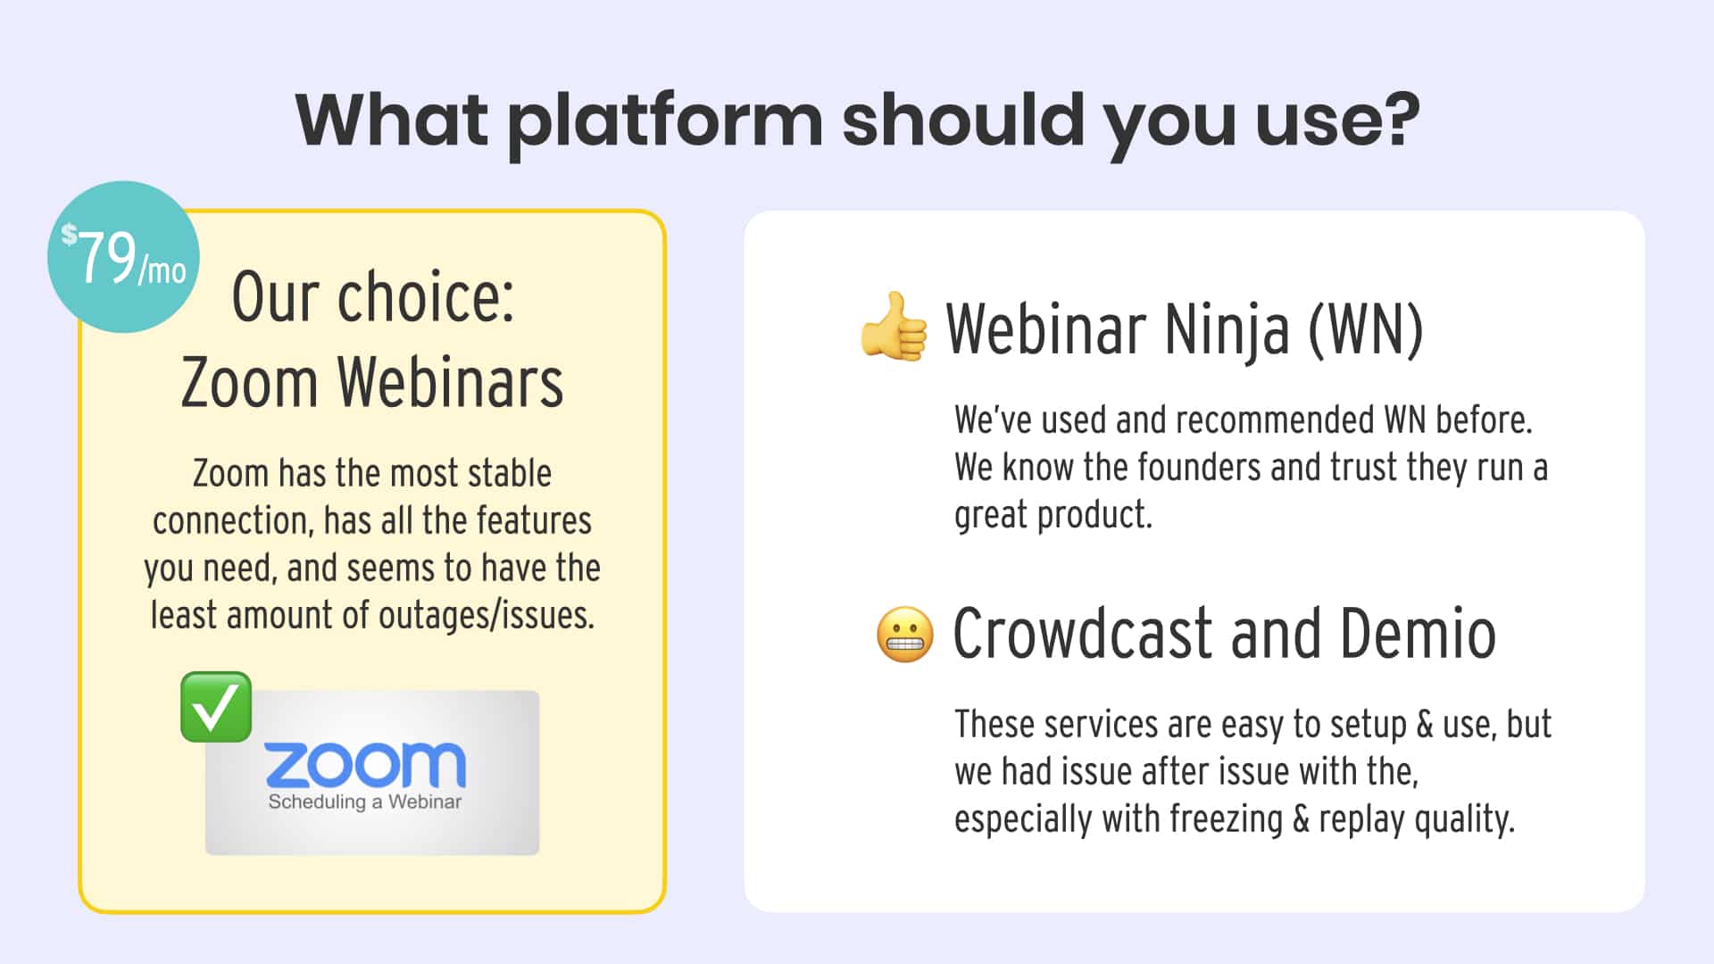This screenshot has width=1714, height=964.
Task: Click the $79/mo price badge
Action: pos(123,257)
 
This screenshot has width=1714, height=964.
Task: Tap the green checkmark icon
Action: pos(216,707)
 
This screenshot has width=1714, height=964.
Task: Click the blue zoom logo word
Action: pos(365,764)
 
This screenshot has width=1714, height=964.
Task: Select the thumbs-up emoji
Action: pos(894,328)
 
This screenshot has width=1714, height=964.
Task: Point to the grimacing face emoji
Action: pos(904,635)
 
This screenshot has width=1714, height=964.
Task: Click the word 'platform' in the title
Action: pos(665,121)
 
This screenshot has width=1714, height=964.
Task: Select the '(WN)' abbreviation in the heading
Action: pos(1366,329)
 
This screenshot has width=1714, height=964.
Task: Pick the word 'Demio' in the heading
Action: pos(1418,634)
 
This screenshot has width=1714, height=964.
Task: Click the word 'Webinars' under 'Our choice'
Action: pos(450,382)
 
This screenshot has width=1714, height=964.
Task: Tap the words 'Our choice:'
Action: pos(373,297)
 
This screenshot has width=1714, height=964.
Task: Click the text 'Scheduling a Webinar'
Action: pos(365,802)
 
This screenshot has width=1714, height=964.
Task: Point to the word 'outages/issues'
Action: pos(487,615)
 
